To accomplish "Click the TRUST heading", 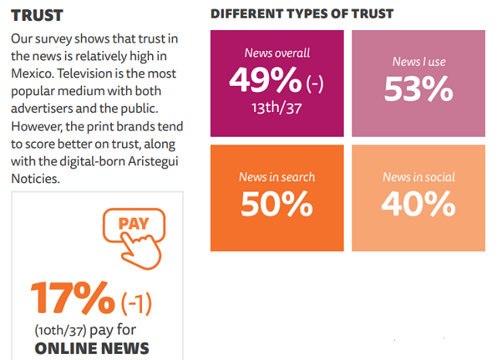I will [x=37, y=15].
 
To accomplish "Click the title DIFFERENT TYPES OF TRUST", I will [x=302, y=14].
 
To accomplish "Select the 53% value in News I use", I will [x=418, y=90].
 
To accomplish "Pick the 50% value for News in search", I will [x=276, y=204].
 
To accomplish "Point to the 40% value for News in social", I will [x=419, y=204].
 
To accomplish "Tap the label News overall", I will [x=277, y=53].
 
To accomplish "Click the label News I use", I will [x=419, y=62].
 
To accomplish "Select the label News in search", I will [x=276, y=177].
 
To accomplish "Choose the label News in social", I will [x=419, y=177].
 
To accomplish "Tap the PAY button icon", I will [x=134, y=224].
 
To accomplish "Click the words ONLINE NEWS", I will [x=92, y=348].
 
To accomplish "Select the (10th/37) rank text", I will [x=60, y=330].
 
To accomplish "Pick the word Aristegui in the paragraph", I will [x=132, y=161].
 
